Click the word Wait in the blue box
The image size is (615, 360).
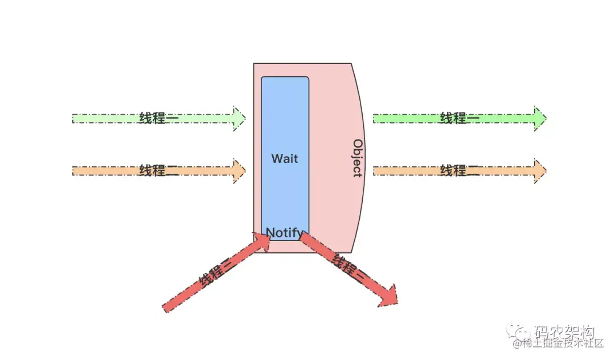[284, 158]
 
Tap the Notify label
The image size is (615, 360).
[284, 232]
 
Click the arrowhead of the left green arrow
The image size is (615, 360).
[239, 118]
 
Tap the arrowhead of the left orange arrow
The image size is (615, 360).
[239, 170]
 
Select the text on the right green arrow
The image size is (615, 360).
[459, 118]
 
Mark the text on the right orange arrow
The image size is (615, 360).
[459, 170]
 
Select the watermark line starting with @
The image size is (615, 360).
[558, 343]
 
